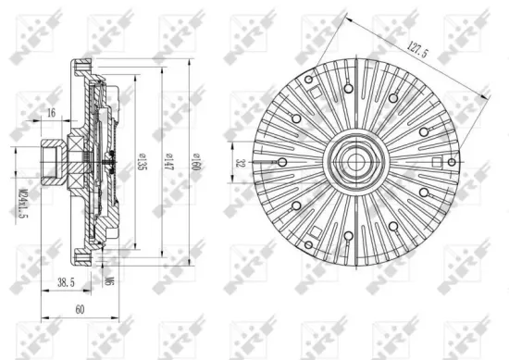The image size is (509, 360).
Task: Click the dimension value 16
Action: point(50,113)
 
